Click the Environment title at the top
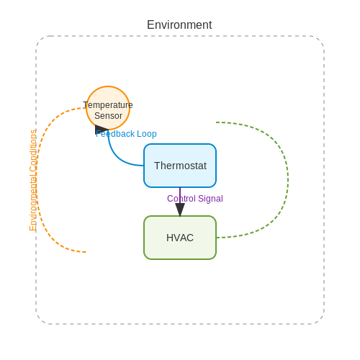coord(179,24)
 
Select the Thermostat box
coord(180,166)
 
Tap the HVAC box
coord(180,238)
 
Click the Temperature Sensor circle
coord(108,108)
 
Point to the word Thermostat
coord(180,166)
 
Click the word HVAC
coord(180,238)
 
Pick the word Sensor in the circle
coord(108,116)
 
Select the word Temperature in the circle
coord(108,105)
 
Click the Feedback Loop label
coord(126,134)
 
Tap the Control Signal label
coord(195,199)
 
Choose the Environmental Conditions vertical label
coord(33,180)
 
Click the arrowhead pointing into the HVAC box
coord(180,210)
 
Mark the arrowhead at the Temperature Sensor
coord(102,130)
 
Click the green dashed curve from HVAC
coord(288,180)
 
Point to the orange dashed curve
coord(36,180)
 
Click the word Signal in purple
coord(211,199)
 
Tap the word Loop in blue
coord(147,134)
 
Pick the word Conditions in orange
coord(33,150)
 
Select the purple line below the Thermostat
coord(180,196)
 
